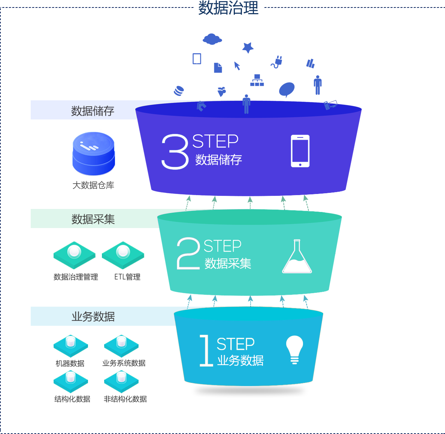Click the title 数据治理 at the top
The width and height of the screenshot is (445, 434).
tap(228, 8)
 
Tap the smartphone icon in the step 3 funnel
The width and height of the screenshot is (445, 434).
tap(300, 151)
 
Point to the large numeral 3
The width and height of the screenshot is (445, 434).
tap(175, 152)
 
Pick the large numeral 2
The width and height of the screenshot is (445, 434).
tap(188, 254)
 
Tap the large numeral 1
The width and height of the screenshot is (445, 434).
tap(206, 350)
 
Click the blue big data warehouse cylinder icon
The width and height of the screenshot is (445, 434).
tap(93, 152)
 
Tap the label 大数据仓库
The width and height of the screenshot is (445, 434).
tap(93, 185)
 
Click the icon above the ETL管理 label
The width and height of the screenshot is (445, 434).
tap(123, 255)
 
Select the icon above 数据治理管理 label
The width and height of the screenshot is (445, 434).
tap(75, 255)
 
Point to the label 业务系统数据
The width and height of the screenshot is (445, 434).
tap(124, 363)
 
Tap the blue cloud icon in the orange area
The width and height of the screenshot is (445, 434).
tap(212, 39)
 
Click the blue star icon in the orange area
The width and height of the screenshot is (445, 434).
tap(248, 48)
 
